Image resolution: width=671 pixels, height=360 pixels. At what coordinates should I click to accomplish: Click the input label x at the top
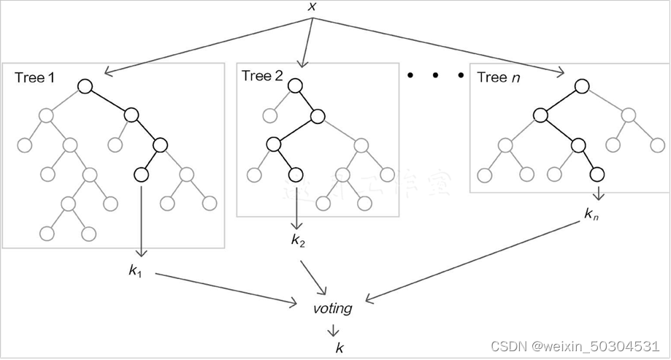(x=313, y=7)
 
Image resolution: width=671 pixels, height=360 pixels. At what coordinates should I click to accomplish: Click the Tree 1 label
(x=34, y=78)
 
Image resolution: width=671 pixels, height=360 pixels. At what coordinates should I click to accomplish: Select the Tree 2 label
(x=262, y=76)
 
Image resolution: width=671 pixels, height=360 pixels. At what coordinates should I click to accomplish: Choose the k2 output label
(x=298, y=240)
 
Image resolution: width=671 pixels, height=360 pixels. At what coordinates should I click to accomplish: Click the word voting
(x=332, y=308)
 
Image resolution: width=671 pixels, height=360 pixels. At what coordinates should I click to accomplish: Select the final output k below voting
(x=338, y=348)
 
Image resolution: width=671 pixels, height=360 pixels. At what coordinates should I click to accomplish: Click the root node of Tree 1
(x=85, y=87)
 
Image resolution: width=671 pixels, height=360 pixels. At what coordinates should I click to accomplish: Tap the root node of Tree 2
(x=294, y=85)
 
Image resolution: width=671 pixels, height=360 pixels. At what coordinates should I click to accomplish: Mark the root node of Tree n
(x=581, y=86)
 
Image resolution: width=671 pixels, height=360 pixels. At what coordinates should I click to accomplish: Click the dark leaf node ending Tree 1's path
(x=141, y=175)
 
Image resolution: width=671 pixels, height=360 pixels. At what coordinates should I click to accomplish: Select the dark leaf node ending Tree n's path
(x=597, y=174)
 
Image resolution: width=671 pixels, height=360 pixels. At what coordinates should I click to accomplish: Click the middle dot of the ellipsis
(x=435, y=75)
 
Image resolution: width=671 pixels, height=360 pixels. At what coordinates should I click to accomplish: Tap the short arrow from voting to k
(x=333, y=329)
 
